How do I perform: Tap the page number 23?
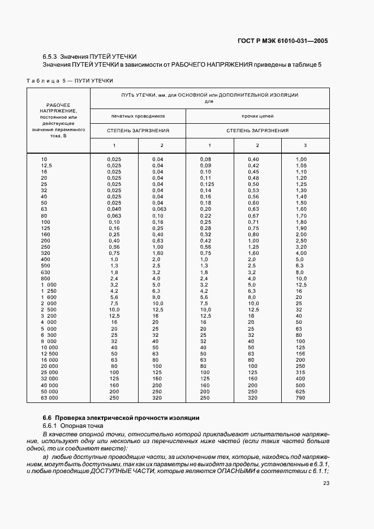[x=326, y=483]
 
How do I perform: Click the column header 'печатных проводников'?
[x=138, y=115]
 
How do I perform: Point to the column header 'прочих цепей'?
[x=257, y=115]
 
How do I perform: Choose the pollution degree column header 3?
[x=305, y=145]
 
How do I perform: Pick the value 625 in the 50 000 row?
[x=301, y=392]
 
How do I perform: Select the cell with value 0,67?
[x=253, y=215]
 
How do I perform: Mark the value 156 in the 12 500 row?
[x=301, y=353]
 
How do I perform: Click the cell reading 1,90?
[x=301, y=228]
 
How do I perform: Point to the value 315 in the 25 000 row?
[x=301, y=372]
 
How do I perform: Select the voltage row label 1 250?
[x=50, y=291]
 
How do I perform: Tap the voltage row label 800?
[x=45, y=278]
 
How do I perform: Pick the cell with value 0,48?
[x=253, y=177]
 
